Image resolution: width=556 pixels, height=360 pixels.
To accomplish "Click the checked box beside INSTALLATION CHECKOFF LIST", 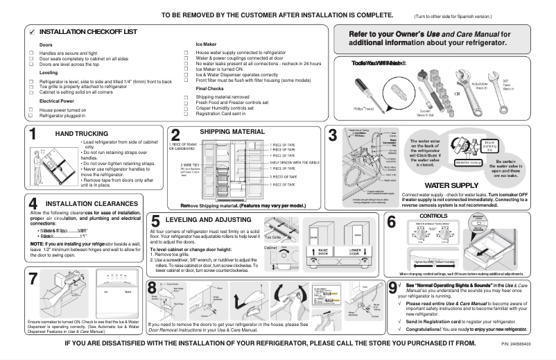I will pos(32,33).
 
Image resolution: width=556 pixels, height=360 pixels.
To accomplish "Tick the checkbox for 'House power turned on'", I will pos(31,110).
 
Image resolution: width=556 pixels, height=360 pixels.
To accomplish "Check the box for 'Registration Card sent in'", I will pos(186,114).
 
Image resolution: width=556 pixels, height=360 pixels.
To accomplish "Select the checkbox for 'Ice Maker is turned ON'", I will pos(186,69).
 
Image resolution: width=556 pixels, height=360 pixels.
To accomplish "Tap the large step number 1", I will pos(33,136).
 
